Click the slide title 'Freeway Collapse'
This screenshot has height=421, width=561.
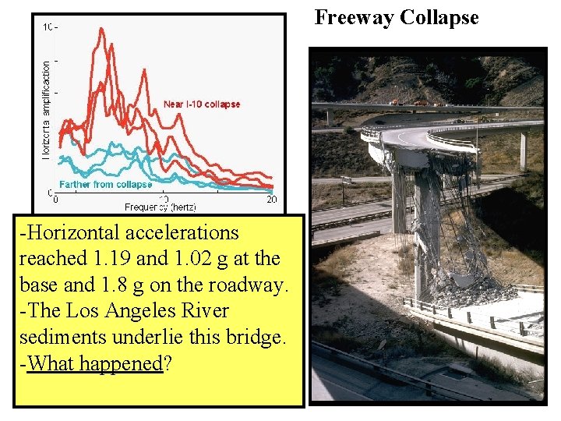click(x=397, y=17)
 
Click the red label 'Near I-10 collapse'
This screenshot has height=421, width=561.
click(x=202, y=104)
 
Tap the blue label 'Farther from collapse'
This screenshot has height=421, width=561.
click(x=105, y=185)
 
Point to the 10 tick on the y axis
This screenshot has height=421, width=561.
click(x=49, y=27)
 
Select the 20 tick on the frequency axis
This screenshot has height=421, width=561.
click(x=271, y=200)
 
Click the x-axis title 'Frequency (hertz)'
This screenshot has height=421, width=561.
click(x=162, y=207)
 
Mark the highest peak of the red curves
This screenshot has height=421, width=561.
click(x=101, y=30)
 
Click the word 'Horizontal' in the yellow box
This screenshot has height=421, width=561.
click(x=81, y=232)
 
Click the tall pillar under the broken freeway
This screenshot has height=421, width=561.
click(x=425, y=226)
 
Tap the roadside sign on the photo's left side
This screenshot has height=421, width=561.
click(x=344, y=181)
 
